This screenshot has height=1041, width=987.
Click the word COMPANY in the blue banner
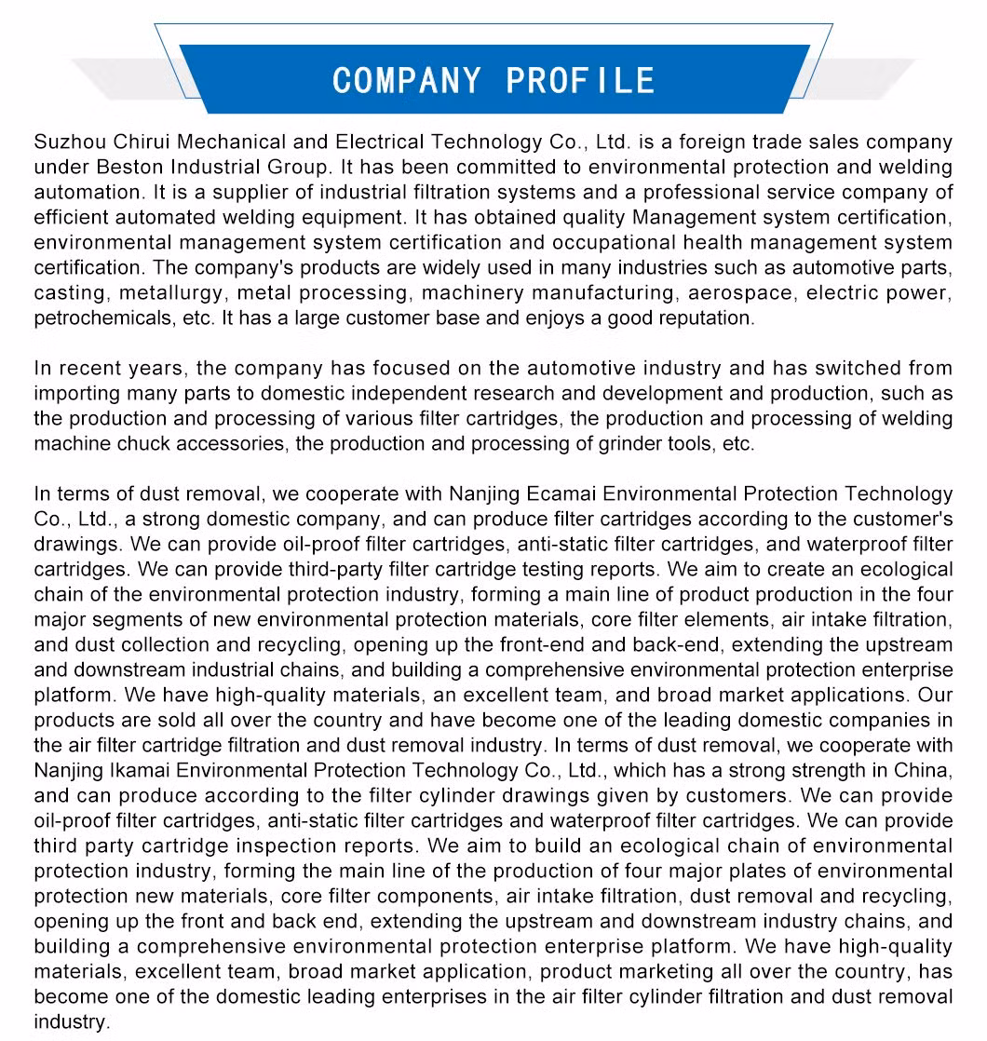pos(408,80)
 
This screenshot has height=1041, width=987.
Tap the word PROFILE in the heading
pos(581,80)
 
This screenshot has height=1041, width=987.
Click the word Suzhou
pos(70,142)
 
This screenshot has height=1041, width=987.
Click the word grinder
pos(626,444)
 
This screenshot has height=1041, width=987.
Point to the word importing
pos(73,394)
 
